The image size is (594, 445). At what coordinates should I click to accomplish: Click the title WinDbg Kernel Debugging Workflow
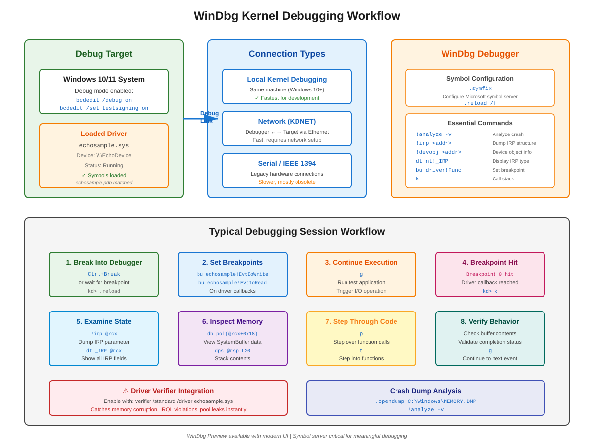click(x=297, y=16)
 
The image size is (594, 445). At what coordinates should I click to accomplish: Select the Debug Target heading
click(x=104, y=54)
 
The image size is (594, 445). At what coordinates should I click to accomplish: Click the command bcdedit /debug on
click(x=104, y=100)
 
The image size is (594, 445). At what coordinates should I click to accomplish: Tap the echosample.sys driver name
click(x=104, y=145)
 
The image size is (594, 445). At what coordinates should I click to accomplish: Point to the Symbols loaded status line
click(x=104, y=175)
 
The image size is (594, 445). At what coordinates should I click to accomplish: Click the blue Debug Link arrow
click(x=200, y=119)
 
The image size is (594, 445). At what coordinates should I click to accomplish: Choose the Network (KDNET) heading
click(x=287, y=121)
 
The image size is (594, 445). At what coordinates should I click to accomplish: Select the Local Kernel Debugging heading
click(x=287, y=79)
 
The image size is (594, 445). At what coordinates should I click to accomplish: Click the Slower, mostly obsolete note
click(x=287, y=182)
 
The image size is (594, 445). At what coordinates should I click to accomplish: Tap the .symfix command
click(x=480, y=89)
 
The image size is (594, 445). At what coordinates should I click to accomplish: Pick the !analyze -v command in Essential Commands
click(x=434, y=134)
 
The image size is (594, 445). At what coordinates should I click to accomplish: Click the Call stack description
click(x=503, y=179)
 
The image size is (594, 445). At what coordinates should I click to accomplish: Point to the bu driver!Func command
click(x=439, y=170)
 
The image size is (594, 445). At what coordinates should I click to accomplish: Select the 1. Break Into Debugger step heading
click(x=104, y=262)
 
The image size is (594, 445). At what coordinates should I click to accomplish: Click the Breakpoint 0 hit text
click(x=490, y=274)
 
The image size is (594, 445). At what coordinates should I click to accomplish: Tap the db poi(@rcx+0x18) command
click(x=233, y=334)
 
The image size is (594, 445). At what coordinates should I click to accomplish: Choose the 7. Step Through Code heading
click(x=361, y=321)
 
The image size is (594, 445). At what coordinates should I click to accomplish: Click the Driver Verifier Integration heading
click(x=168, y=391)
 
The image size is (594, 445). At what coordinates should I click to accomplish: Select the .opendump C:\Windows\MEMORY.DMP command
click(x=426, y=401)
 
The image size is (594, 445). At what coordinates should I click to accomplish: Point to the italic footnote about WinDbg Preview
click(x=297, y=436)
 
